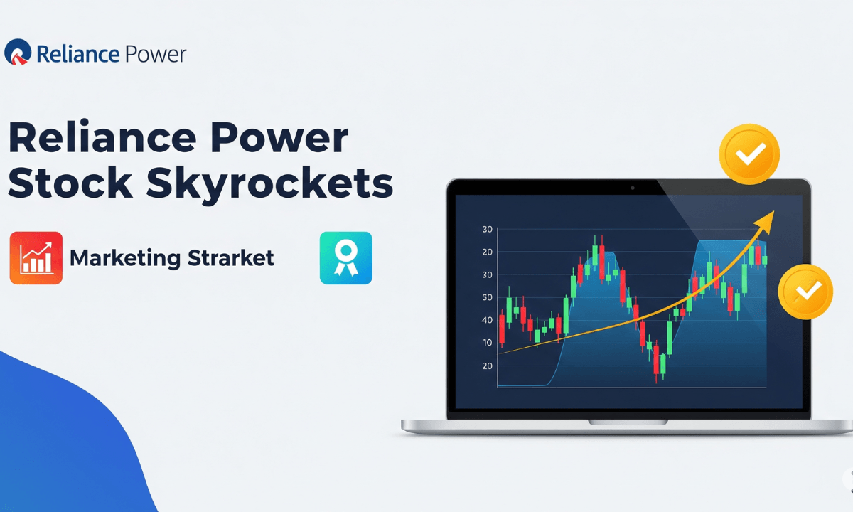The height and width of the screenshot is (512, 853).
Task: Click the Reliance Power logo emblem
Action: (x=17, y=53)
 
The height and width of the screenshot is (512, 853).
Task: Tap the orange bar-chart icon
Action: (x=36, y=257)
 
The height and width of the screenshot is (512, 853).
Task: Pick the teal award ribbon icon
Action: (x=346, y=257)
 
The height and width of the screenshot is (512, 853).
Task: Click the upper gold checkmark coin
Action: (x=749, y=153)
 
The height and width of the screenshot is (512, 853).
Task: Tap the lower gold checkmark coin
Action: (x=805, y=291)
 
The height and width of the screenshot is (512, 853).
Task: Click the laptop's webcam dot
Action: (x=632, y=188)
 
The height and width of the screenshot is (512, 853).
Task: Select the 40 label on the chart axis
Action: (x=487, y=320)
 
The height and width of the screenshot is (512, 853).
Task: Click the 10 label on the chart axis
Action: (x=487, y=343)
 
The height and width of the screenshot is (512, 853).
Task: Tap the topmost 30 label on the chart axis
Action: (x=487, y=230)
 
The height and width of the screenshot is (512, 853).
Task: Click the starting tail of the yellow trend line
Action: (x=502, y=352)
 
